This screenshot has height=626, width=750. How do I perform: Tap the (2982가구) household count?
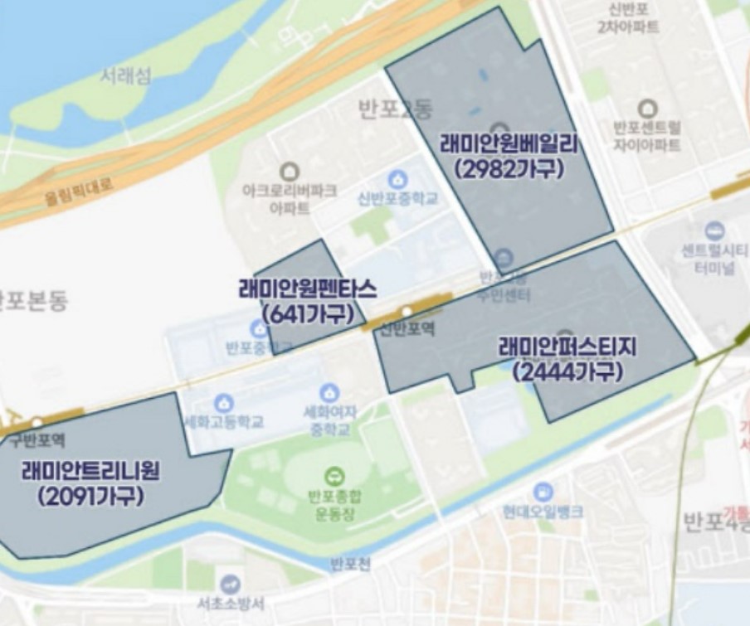509,168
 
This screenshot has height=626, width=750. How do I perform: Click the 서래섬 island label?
126,76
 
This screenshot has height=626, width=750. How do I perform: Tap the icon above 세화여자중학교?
329,392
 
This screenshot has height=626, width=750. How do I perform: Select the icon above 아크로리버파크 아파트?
290,172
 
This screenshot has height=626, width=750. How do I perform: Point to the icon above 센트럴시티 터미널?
713,230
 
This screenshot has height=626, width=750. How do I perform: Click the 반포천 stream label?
350,565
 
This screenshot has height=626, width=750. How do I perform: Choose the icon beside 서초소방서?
230,584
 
